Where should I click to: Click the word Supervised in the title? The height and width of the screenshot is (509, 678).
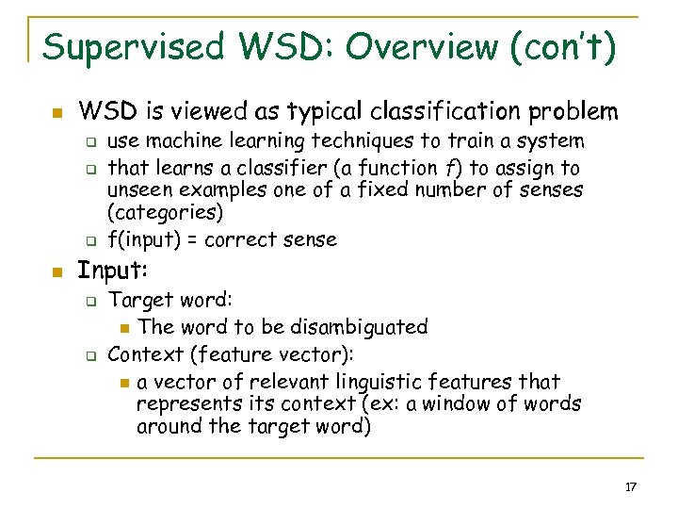138,46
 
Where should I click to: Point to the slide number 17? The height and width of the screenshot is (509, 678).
631,486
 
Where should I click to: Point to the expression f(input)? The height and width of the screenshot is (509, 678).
143,239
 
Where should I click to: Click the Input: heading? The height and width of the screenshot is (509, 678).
113,271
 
